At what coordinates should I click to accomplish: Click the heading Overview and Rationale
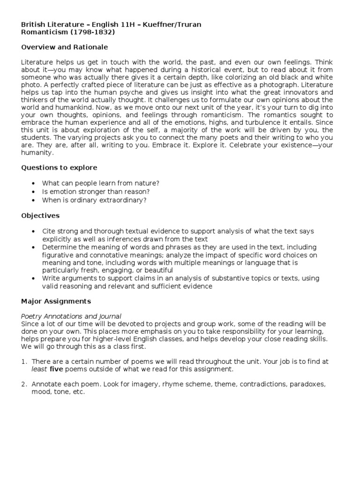[65, 47]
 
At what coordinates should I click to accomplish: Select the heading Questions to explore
[60, 168]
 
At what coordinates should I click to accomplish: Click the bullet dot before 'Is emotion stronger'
[34, 192]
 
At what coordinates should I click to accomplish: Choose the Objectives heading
[40, 216]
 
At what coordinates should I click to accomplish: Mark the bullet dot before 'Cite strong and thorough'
[34, 232]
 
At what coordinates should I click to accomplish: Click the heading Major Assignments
[56, 301]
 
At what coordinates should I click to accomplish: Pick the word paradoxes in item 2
[307, 384]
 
